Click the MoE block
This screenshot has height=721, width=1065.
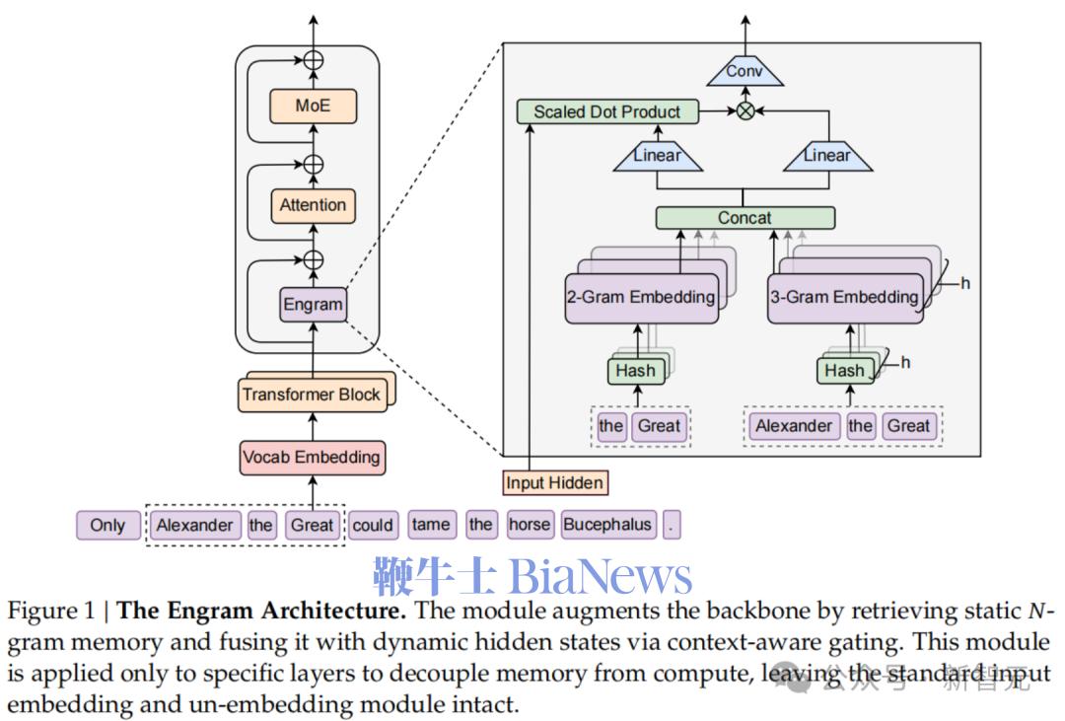pyautogui.click(x=313, y=107)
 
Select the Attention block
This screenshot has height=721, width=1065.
pyautogui.click(x=313, y=205)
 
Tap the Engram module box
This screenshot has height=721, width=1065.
pyautogui.click(x=313, y=304)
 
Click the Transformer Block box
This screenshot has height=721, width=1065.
pyautogui.click(x=311, y=395)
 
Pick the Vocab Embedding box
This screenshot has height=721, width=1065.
pyautogui.click(x=311, y=458)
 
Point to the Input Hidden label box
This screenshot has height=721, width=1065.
pyautogui.click(x=554, y=482)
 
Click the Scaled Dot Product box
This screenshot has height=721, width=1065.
pyautogui.click(x=606, y=111)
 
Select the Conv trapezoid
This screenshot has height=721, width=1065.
pyautogui.click(x=745, y=71)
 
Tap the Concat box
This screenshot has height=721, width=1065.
pyautogui.click(x=745, y=218)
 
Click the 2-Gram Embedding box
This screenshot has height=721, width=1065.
pyautogui.click(x=640, y=297)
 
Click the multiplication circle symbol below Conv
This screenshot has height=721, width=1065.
pyautogui.click(x=745, y=111)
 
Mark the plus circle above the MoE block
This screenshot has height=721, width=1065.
pyautogui.click(x=313, y=59)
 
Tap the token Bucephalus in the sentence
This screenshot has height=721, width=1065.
pyautogui.click(x=607, y=525)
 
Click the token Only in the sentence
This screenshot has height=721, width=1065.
pyautogui.click(x=107, y=525)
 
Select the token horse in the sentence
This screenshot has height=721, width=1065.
pyautogui.click(x=530, y=525)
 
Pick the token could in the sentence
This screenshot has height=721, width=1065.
pyautogui.click(x=373, y=525)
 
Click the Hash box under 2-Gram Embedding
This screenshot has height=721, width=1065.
pyautogui.click(x=635, y=371)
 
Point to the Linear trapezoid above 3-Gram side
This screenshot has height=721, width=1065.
pyautogui.click(x=826, y=156)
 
